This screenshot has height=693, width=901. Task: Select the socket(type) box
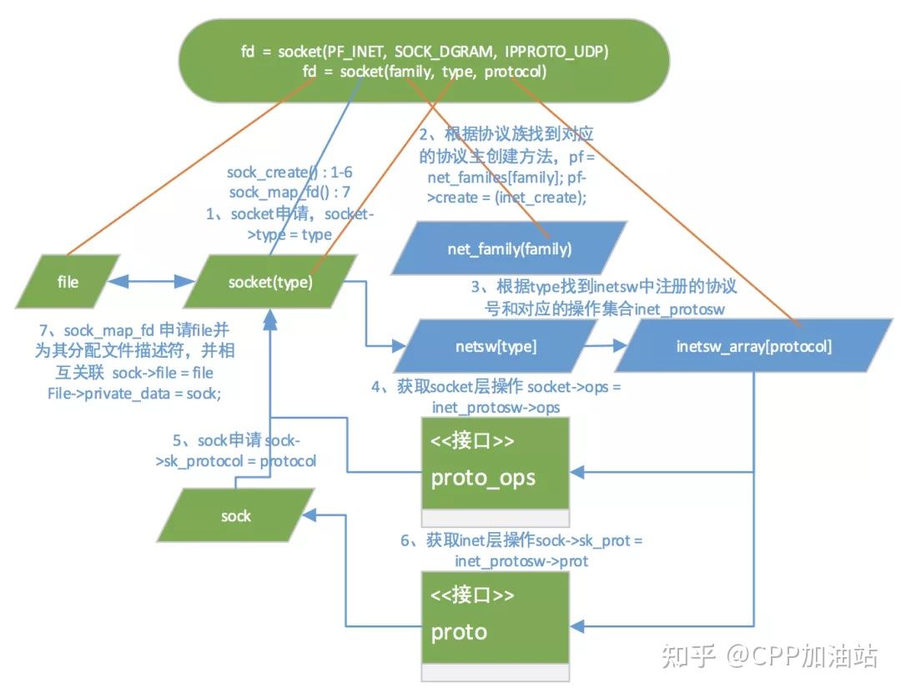[x=270, y=283]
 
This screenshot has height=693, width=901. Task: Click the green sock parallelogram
[x=236, y=516]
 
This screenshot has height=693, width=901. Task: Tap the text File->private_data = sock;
[x=133, y=393]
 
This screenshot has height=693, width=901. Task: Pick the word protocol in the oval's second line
[x=515, y=72]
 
